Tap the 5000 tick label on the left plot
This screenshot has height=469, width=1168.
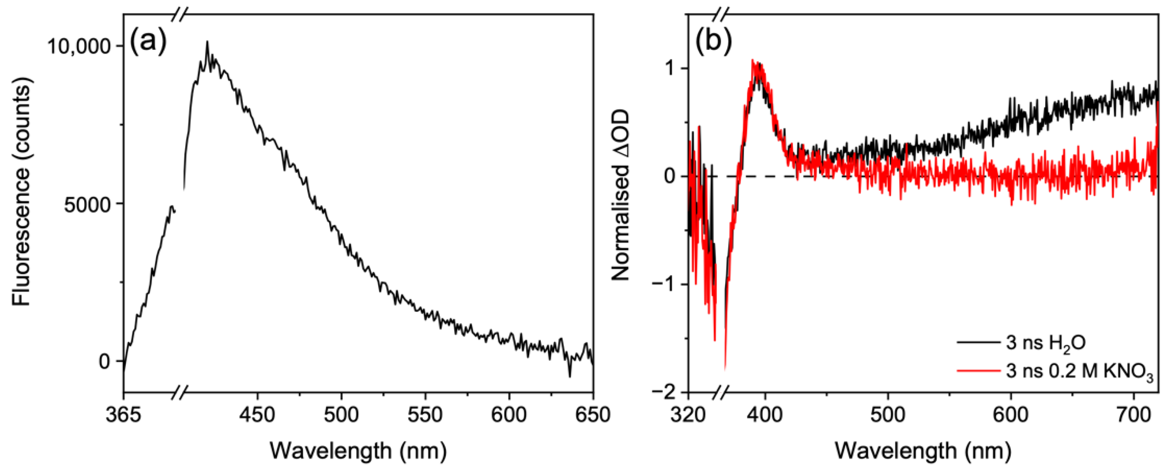(86, 205)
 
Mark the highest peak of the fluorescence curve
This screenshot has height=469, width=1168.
(207, 42)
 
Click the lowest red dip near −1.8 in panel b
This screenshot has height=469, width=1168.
(725, 369)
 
